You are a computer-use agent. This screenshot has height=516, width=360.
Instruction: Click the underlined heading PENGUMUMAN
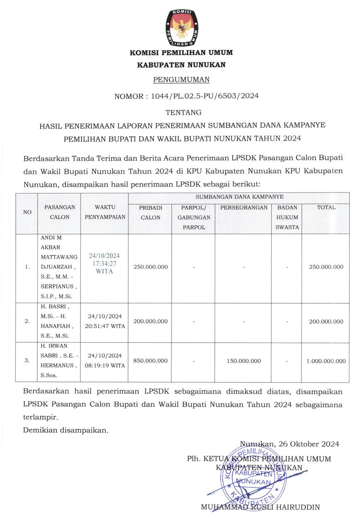point(181,79)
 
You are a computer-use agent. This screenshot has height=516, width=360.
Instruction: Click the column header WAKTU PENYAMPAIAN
point(105,212)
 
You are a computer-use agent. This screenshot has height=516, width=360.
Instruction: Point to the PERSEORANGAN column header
point(244,207)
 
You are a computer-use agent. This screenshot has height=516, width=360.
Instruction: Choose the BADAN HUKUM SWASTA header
point(287,217)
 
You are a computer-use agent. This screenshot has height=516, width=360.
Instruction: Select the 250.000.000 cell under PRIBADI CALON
point(151,267)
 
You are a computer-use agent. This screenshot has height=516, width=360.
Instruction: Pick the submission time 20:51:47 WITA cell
point(105,321)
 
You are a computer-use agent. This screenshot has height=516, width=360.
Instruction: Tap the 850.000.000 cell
point(151,361)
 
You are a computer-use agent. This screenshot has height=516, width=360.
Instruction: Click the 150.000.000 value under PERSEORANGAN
point(244,361)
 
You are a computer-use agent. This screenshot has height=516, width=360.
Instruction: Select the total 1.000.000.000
point(326,361)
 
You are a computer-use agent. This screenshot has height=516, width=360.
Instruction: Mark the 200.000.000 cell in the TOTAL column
point(326,321)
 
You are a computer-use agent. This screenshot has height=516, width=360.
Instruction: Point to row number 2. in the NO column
point(27,321)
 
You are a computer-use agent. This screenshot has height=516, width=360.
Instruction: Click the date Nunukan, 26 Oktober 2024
point(289,444)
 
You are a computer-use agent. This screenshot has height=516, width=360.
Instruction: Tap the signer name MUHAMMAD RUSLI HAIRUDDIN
point(260,507)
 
